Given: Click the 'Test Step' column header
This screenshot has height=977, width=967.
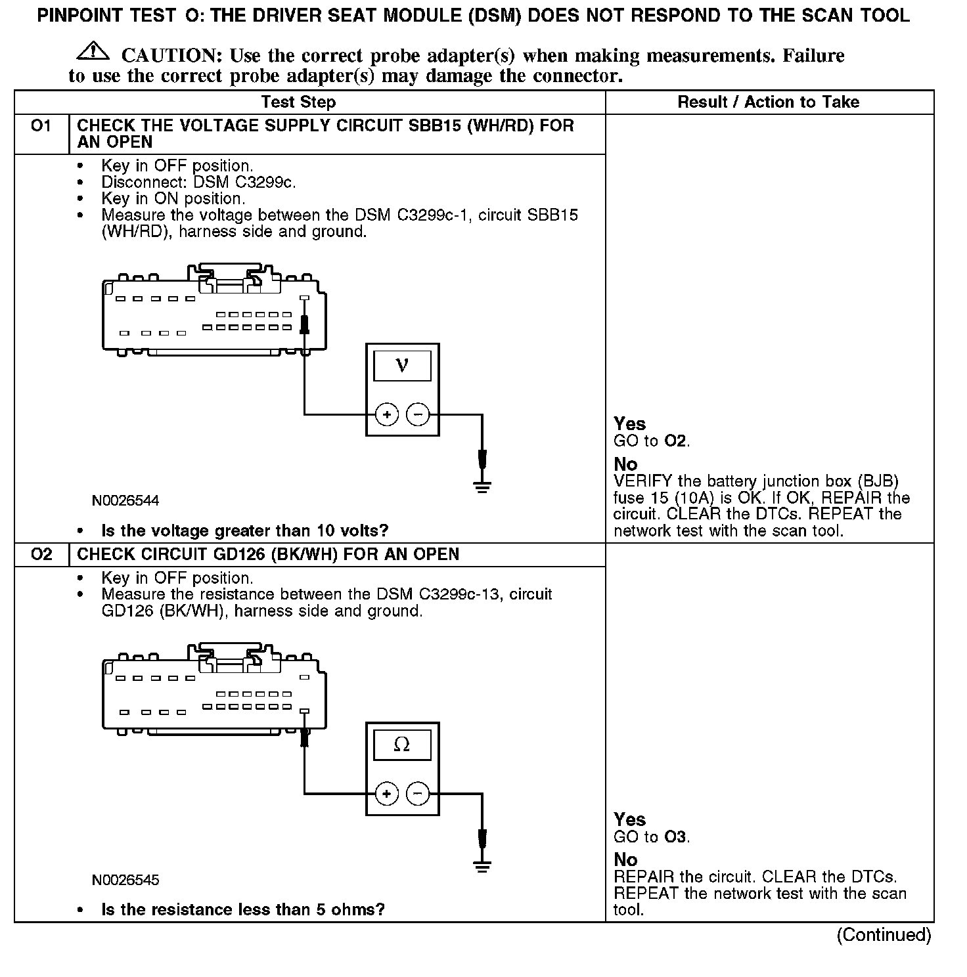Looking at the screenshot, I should tap(298, 102).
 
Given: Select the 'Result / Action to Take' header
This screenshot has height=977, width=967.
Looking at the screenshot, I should tap(768, 102).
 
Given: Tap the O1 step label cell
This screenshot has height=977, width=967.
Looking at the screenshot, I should tap(41, 125).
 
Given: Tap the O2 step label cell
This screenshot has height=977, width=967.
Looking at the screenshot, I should tap(41, 554).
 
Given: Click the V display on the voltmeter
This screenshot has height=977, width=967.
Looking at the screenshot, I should tap(402, 366).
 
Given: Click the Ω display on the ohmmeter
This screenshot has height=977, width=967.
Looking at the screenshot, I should tap(402, 745).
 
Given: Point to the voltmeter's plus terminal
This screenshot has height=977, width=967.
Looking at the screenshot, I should tap(386, 414).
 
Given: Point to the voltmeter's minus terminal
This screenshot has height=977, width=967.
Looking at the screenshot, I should tap(418, 414).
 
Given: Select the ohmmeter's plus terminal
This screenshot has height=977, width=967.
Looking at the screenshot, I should tap(386, 794).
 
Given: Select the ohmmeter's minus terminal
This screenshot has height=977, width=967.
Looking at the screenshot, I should tap(418, 794).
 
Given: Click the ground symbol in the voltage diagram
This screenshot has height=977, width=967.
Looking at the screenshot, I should tap(482, 487).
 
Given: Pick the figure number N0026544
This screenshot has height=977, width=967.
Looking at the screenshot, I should tap(125, 501).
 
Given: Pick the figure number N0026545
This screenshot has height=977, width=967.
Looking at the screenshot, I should tap(125, 880).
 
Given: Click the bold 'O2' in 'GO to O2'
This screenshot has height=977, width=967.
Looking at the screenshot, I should tap(676, 441).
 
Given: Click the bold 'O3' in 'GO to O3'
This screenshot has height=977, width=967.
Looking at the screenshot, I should tap(676, 836).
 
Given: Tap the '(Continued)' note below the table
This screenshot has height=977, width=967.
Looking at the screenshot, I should tap(884, 935).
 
